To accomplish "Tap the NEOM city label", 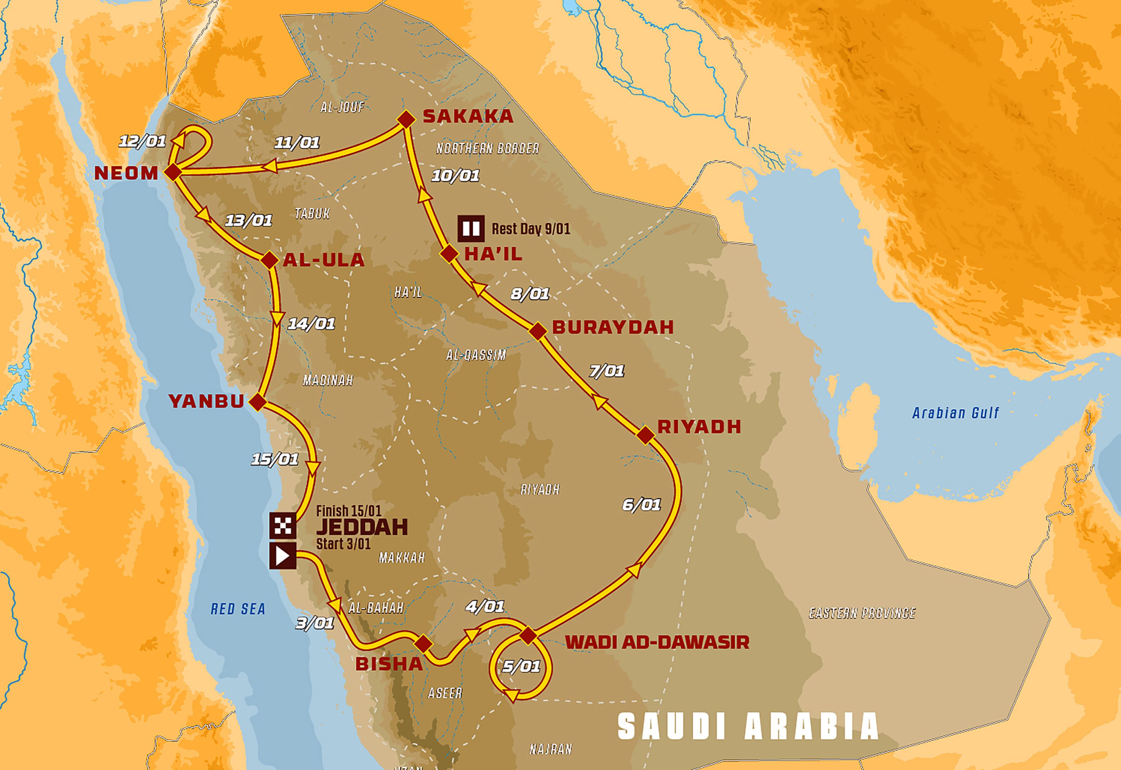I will pyautogui.click(x=126, y=173).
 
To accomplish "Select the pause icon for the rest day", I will pyautogui.click(x=471, y=228).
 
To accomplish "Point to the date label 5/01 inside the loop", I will pyautogui.click(x=521, y=666).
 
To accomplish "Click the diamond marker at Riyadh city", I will pyautogui.click(x=645, y=435).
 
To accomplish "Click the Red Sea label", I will pyautogui.click(x=238, y=609).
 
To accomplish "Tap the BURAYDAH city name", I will pyautogui.click(x=613, y=327).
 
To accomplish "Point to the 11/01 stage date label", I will pyautogui.click(x=297, y=142).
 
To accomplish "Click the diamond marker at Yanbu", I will pyautogui.click(x=258, y=401).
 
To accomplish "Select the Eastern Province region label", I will pyautogui.click(x=862, y=613).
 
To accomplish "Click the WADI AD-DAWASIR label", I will pyautogui.click(x=657, y=642).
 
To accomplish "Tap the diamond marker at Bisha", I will pyautogui.click(x=423, y=644).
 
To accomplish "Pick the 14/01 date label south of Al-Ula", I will pyautogui.click(x=311, y=323).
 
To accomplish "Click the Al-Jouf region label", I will pyautogui.click(x=342, y=107).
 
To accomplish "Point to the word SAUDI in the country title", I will pyautogui.click(x=672, y=727).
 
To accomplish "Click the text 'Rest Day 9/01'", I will pyautogui.click(x=531, y=229).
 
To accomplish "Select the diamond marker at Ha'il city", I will pyautogui.click(x=449, y=254).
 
